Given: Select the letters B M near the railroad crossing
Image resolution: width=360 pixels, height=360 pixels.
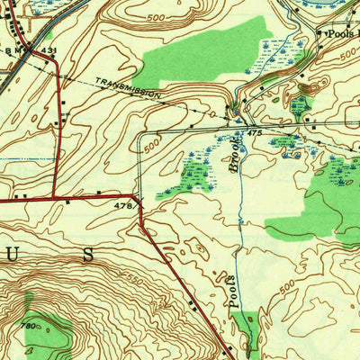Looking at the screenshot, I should coord(16,51).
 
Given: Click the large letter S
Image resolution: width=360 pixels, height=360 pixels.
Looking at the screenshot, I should coord(87,255).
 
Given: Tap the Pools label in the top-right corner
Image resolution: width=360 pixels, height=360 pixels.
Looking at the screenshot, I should coord(340,31).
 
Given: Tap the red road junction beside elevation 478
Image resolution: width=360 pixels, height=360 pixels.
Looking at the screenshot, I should coord(137,194).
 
